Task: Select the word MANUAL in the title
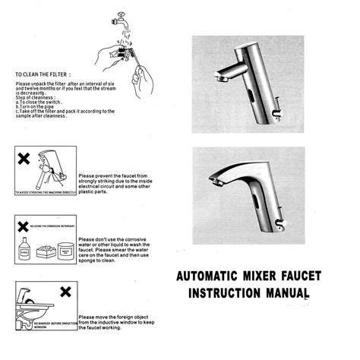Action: pyautogui.click(x=288, y=292)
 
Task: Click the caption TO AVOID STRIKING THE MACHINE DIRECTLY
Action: pyautogui.click(x=46, y=193)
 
